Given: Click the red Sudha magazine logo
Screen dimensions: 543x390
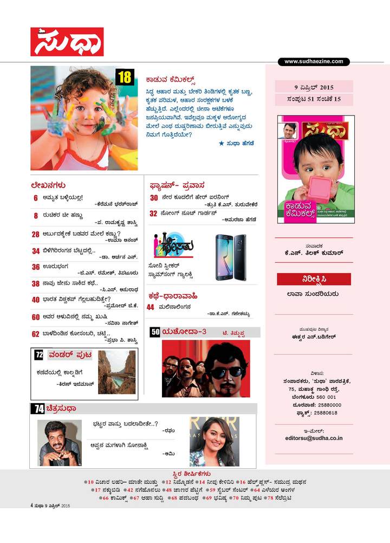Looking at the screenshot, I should click(x=67, y=42).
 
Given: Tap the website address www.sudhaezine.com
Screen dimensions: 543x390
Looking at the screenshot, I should click(x=314, y=62).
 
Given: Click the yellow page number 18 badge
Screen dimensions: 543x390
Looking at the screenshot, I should click(x=125, y=77).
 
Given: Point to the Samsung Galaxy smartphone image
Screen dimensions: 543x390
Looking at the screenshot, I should click(x=231, y=257).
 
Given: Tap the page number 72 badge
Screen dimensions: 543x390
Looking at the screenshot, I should click(x=38, y=355).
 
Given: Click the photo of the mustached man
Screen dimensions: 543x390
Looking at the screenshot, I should click(x=59, y=442).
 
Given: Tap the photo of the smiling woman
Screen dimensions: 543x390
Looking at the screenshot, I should click(x=213, y=442).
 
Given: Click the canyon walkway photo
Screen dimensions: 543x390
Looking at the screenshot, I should click(x=116, y=372).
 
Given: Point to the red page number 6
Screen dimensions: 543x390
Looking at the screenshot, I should click(x=35, y=198).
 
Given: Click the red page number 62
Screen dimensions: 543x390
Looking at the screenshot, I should click(x=35, y=334).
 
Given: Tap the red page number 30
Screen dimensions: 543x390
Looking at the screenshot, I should click(x=154, y=198).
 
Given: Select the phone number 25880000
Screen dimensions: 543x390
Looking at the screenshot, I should click(x=324, y=405).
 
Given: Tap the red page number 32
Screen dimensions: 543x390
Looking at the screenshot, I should click(x=154, y=214).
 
